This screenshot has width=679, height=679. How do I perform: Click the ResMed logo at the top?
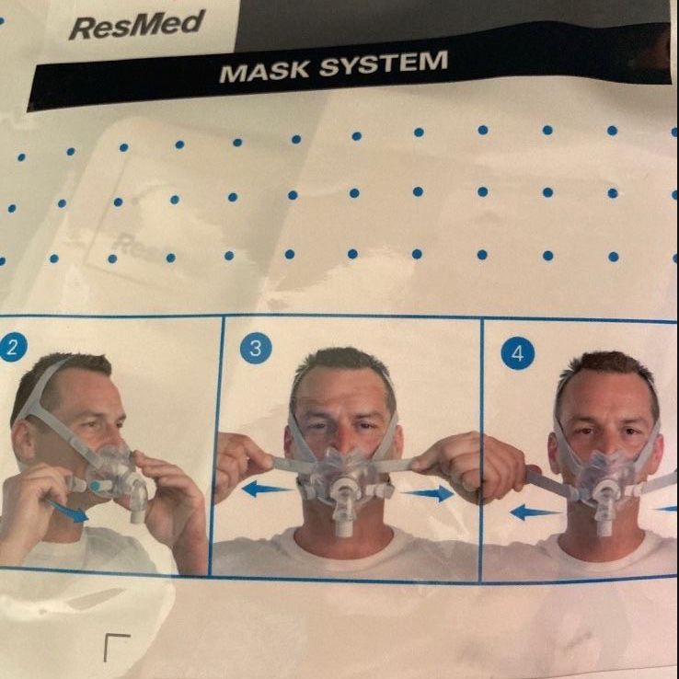point(137,25)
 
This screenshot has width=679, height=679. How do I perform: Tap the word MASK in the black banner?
point(265,71)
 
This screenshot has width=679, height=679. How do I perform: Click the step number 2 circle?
point(13,347)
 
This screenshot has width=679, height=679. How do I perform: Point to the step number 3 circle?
point(256,348)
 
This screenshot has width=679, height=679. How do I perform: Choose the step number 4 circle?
point(517,353)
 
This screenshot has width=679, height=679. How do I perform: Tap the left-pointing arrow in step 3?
point(265,489)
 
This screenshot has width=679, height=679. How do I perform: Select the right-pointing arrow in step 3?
point(427,493)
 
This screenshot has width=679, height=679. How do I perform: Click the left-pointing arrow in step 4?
point(535,512)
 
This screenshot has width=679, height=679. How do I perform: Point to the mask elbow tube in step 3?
point(343,510)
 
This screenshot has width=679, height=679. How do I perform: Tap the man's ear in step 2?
point(25,440)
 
